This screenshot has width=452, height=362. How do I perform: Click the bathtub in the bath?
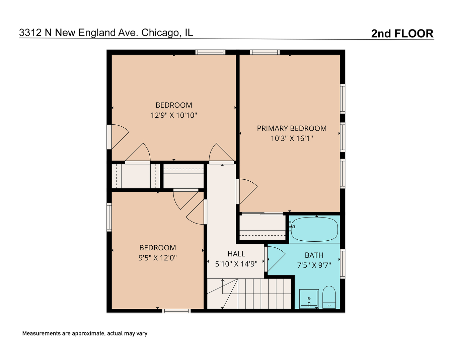coord(314,230)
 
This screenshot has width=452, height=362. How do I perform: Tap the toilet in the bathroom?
coord(329,297)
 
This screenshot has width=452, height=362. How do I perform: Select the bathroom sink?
coord(309,298)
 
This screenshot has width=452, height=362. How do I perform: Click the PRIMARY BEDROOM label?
coord(292,128)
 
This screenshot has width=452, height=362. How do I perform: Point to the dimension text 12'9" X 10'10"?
coord(174,115)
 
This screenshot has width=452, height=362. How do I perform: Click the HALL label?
coord(236,254)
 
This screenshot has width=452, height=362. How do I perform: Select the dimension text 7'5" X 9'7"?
coord(314,265)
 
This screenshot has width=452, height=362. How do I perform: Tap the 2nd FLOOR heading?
coord(402,34)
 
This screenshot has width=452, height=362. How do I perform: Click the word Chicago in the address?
coord(160,33)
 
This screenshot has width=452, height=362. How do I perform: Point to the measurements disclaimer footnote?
coord(85,334)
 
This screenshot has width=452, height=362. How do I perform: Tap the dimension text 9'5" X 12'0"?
coord(157,258)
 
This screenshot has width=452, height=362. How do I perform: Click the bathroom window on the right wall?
coord(343,263)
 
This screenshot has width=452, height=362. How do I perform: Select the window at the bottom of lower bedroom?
coord(176,311)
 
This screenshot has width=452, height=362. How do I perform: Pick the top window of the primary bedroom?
coord(265,52)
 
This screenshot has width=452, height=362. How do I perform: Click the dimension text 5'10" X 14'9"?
coord(236,264)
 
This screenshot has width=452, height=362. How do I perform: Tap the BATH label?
coord(314,255)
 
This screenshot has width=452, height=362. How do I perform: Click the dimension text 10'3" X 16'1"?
coord(292,138)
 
